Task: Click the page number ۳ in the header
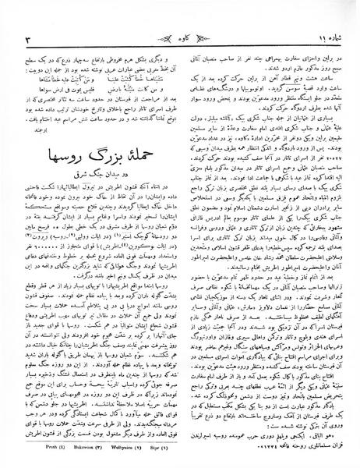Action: point(28,16)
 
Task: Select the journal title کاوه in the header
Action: point(181,15)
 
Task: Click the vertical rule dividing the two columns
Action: point(181,234)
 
